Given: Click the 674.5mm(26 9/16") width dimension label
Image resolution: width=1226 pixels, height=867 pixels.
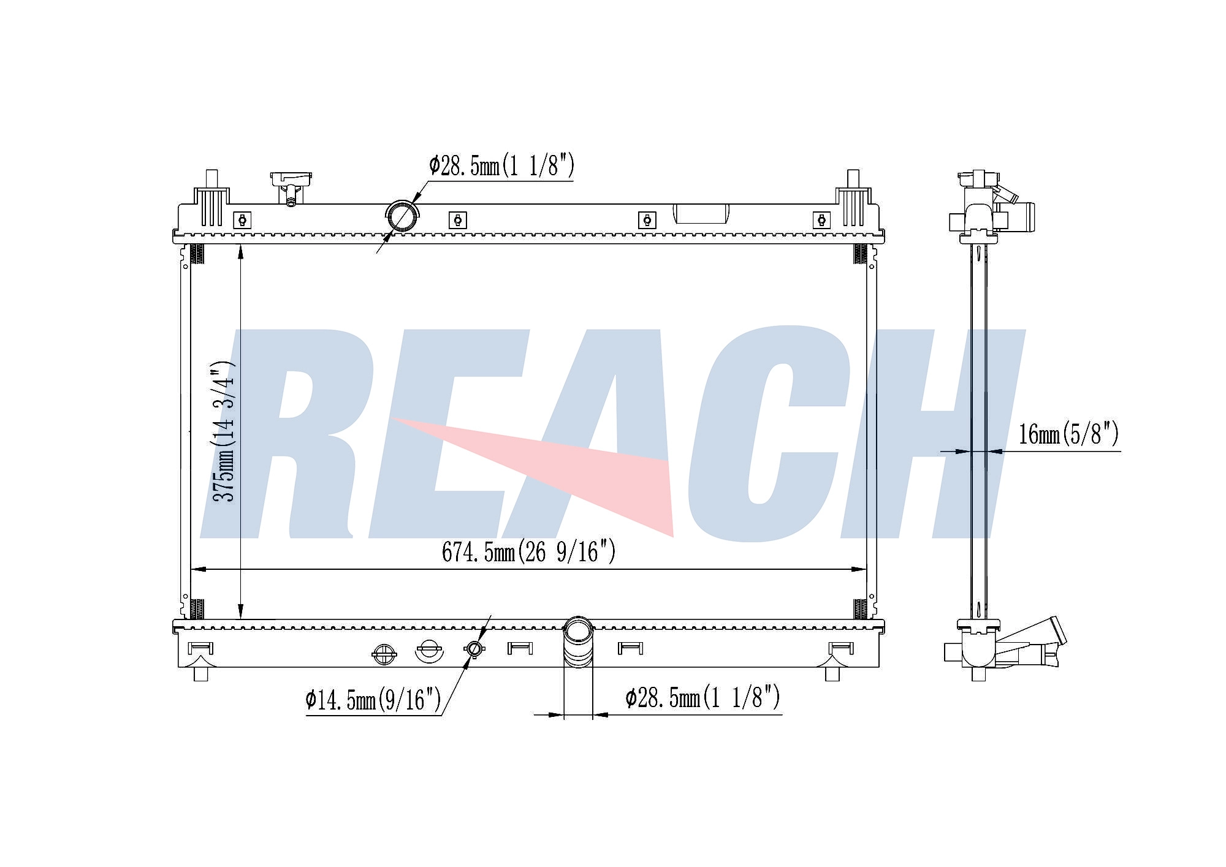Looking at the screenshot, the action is coord(528,552).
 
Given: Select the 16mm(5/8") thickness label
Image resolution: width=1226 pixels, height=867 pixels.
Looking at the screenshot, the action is coord(1068,434).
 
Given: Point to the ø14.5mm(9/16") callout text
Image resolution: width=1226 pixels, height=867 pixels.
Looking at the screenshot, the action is coord(373,700).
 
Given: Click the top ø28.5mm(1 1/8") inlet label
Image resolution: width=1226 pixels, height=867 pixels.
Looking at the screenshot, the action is coord(501,165).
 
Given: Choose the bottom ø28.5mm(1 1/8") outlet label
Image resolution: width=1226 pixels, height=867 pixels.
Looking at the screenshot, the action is coord(702,697).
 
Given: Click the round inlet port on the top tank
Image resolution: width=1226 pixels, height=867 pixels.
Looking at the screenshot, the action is coord(403,216).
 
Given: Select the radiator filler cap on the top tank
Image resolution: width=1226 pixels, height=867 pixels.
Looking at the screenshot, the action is coord(291,188).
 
